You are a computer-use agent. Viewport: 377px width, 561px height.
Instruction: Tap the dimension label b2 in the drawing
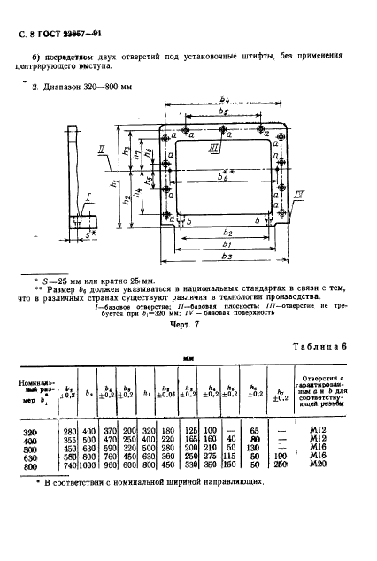click(x=229, y=231)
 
